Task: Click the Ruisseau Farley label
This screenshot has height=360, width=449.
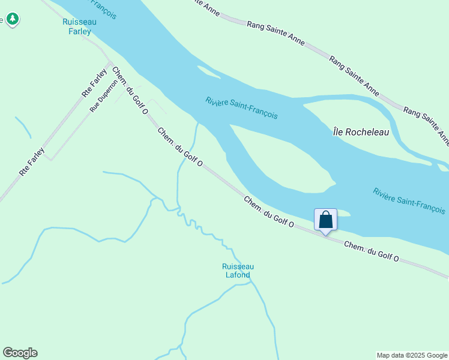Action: point(78,26)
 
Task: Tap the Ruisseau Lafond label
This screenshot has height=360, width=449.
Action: point(238,271)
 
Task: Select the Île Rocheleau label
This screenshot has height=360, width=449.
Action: point(361,131)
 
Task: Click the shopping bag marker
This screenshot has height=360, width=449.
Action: point(325,220)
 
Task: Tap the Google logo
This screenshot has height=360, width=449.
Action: point(20,353)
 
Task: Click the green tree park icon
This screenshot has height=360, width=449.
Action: point(12,19)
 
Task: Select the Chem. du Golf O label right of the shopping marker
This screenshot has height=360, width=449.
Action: point(372,251)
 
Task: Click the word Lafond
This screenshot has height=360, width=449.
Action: point(238,275)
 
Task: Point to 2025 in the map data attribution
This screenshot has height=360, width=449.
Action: point(417,355)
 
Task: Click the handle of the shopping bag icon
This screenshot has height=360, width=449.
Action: point(325,214)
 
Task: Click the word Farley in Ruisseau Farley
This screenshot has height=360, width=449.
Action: point(79,31)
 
